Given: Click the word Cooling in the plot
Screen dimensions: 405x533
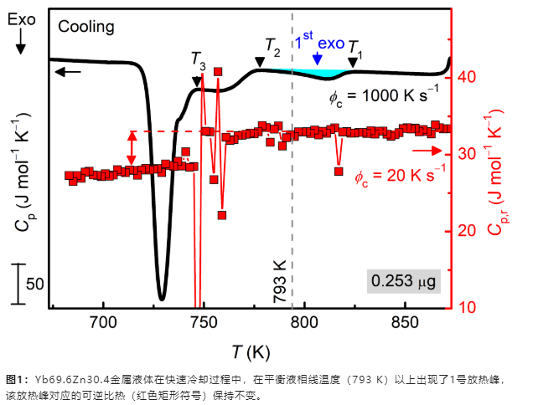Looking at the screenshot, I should [86, 28].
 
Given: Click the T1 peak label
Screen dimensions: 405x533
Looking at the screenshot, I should [355, 47].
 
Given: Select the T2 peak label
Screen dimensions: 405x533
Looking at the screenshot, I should [272, 47].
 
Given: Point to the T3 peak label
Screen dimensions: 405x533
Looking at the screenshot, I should [198, 60].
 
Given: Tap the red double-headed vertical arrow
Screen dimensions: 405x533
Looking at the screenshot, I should [131, 148].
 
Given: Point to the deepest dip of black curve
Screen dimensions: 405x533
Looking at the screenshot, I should [162, 297].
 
